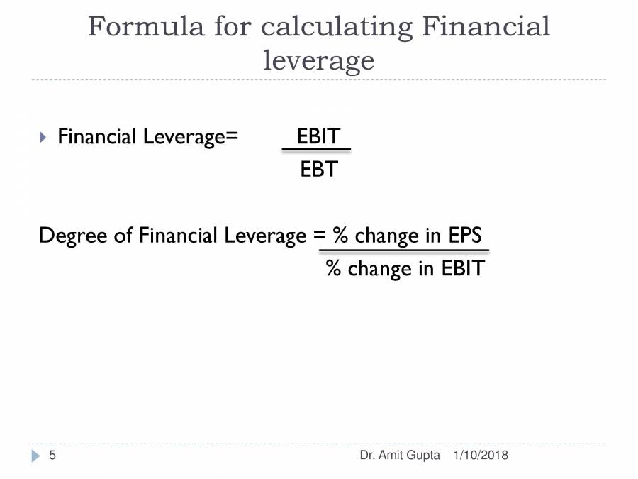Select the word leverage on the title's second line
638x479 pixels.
click(x=318, y=62)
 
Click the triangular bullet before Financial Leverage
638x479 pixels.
click(x=43, y=136)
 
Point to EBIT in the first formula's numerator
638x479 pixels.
click(x=318, y=136)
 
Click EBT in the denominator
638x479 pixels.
click(x=318, y=170)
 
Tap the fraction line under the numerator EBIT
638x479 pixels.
click(x=316, y=150)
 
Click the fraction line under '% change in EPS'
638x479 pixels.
click(x=404, y=250)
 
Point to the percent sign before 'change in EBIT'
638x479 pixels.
click(x=333, y=268)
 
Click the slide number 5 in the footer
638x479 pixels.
click(x=52, y=456)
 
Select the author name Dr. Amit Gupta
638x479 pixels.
click(x=400, y=456)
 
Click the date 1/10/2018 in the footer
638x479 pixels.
click(x=480, y=456)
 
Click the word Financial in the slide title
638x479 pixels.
click(x=486, y=27)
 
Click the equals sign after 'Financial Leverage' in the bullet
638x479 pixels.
click(x=232, y=136)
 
